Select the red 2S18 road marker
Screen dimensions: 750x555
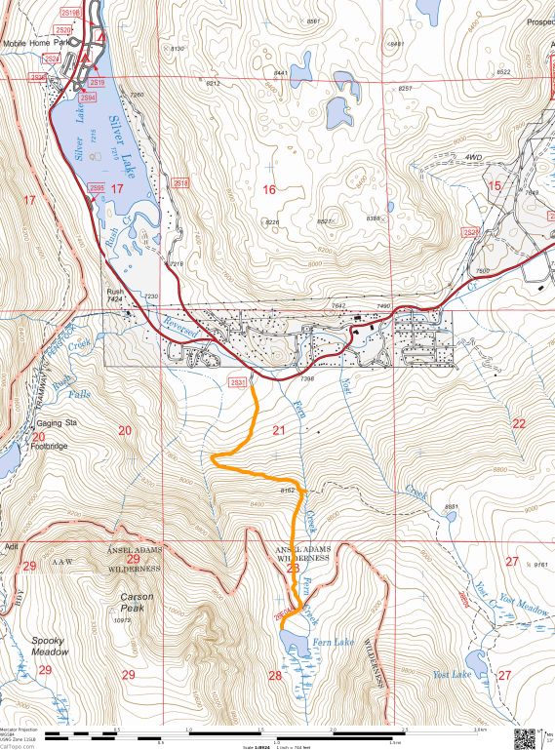[x=179, y=182]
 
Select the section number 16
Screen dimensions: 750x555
[x=269, y=189]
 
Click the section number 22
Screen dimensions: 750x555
[x=518, y=423]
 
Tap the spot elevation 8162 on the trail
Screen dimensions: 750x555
[x=288, y=489]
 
